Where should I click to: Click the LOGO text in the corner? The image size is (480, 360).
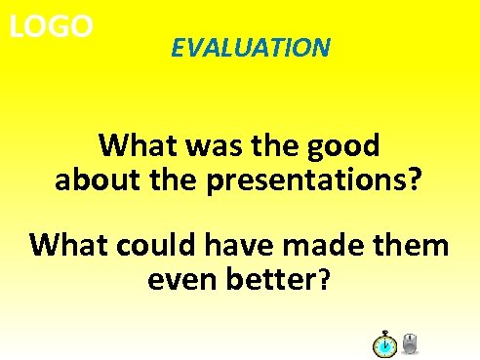coord(51,26)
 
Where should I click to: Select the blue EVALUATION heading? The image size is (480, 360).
coord(250,47)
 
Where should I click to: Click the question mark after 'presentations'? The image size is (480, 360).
coord(415,180)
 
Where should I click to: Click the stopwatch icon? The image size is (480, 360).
coord(384,344)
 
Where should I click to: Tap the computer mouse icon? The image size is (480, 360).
coord(411,343)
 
